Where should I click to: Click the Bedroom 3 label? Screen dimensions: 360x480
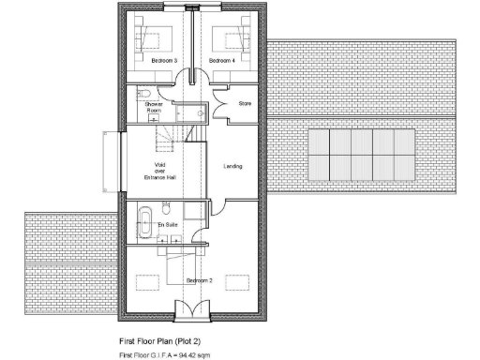(164, 61)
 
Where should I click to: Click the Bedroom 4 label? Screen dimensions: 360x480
(221, 61)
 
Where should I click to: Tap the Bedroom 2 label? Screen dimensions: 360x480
(198, 281)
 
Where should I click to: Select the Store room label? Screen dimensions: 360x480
(246, 103)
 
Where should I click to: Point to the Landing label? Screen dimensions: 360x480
(232, 167)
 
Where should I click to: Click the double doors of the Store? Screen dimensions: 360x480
(222, 102)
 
